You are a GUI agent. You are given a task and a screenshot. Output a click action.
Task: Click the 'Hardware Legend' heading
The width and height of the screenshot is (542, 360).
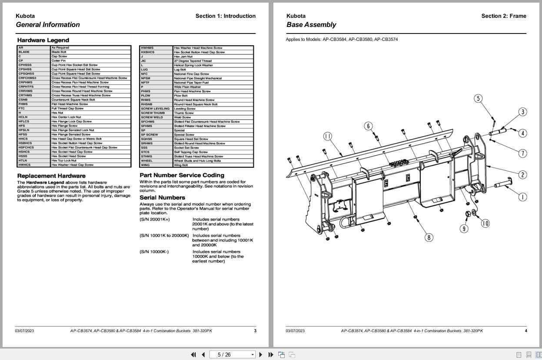coord(43,40)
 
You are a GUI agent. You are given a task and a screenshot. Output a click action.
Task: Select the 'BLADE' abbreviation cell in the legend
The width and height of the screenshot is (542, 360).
coord(24,52)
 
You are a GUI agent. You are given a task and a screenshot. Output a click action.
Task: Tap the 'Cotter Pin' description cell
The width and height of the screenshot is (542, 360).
coord(59,61)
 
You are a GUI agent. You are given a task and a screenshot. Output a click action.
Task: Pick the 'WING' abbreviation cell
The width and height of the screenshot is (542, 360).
coord(145,165)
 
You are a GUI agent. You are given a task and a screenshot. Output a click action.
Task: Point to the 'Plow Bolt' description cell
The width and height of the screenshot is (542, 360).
coord(180,96)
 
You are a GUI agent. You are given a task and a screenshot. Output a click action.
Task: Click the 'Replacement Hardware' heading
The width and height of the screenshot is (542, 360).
coord(51,176)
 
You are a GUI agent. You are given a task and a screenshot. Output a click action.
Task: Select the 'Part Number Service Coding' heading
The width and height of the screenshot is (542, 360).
coord(182,175)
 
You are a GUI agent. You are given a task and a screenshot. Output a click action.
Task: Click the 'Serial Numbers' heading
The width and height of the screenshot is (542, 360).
coord(163,197)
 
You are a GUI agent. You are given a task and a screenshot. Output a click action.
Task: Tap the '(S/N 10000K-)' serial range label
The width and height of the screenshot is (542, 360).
coord(154,252)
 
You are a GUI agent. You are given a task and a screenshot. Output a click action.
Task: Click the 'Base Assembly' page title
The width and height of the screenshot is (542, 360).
coord(311,25)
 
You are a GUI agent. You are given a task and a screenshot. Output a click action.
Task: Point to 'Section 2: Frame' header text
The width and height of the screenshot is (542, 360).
coord(503,16)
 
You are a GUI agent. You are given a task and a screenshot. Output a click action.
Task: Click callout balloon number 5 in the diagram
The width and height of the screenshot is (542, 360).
coord(478,99)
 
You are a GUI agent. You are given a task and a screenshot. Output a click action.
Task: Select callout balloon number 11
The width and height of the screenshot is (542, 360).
coord(328,137)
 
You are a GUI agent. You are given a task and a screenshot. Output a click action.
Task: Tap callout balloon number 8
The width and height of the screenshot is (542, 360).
coord(429,237)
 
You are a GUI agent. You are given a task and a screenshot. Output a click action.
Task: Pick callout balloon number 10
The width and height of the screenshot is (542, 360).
coord(485,223)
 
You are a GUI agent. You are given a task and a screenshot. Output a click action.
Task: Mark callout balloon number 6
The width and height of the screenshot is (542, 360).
coord(369,126)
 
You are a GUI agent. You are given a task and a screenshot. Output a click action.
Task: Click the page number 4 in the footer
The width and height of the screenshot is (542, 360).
coord(525,331)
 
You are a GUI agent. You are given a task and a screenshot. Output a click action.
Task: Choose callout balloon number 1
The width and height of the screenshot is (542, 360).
coord(522,197)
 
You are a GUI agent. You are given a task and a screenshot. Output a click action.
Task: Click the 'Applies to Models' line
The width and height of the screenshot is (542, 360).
coord(342,40)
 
